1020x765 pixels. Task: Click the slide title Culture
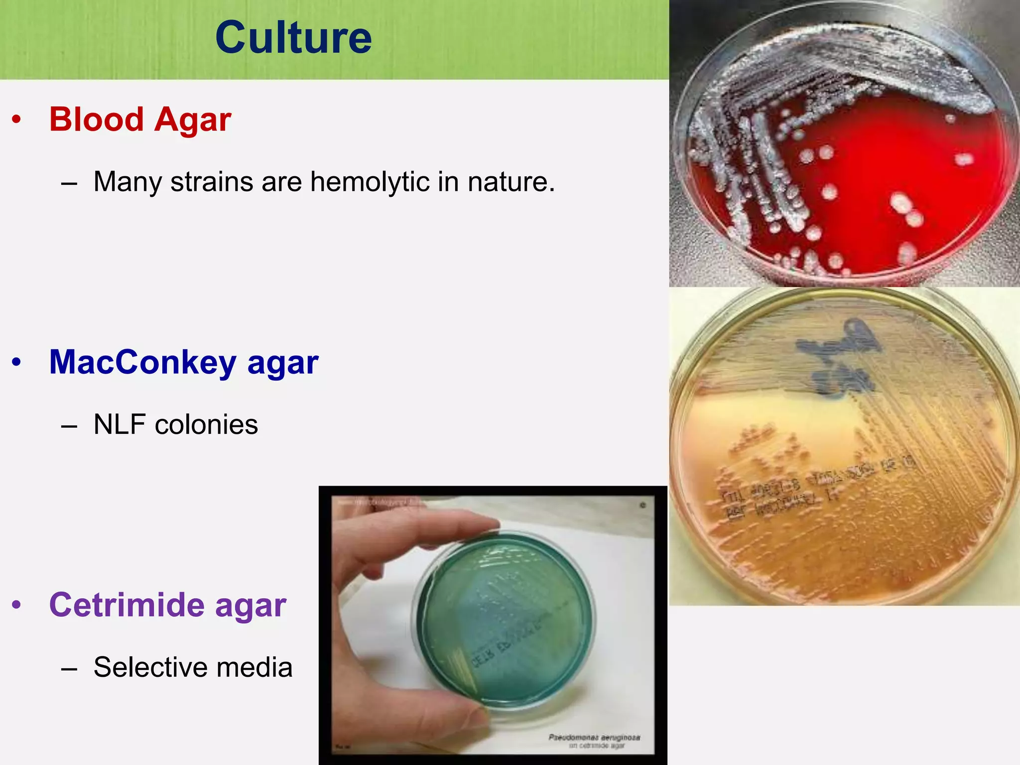(x=293, y=38)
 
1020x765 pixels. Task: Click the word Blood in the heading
(x=96, y=120)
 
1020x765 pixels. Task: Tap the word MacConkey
(x=142, y=363)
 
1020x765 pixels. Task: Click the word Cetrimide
(x=127, y=605)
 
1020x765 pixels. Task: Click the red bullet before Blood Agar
(x=17, y=120)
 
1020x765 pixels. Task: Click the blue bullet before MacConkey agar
(x=17, y=363)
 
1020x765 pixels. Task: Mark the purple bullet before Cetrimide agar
(x=17, y=605)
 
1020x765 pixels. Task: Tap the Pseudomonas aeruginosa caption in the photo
(x=594, y=738)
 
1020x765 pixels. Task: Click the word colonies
(x=206, y=425)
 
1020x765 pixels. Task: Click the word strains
(x=212, y=182)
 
